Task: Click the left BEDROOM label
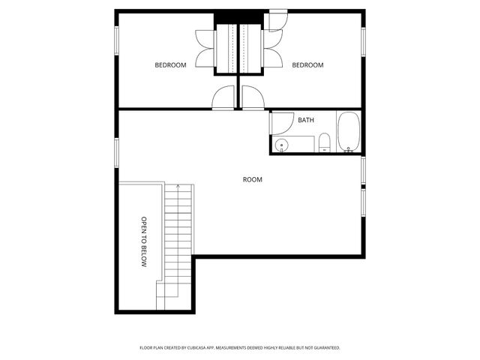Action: [170, 65]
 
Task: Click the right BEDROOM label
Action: [307, 65]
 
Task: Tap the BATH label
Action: [306, 120]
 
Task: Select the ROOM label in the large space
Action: [253, 179]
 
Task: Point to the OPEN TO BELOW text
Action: [144, 242]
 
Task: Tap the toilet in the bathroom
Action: [324, 142]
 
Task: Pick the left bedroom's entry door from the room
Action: [223, 98]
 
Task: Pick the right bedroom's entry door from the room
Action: [252, 98]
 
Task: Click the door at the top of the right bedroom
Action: [277, 19]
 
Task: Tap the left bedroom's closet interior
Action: [226, 49]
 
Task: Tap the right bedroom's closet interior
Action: [250, 49]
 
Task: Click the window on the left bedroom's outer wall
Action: [116, 40]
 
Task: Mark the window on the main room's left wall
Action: [116, 152]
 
